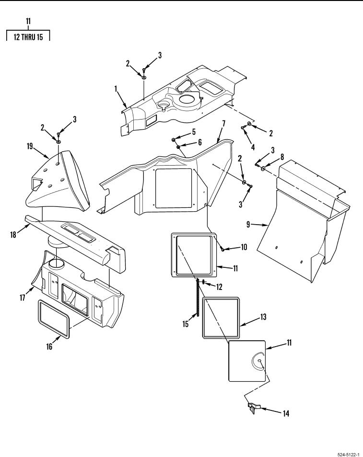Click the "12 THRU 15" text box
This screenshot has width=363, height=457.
pyautogui.click(x=28, y=37)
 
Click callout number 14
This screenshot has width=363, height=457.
pyautogui.click(x=286, y=413)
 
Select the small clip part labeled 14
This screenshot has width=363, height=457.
pyautogui.click(x=253, y=408)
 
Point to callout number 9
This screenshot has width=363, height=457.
pyautogui.click(x=248, y=225)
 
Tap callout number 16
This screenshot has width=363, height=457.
pyautogui.click(x=49, y=346)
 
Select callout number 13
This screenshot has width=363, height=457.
pyautogui.click(x=263, y=317)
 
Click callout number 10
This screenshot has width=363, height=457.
pyautogui.click(x=244, y=247)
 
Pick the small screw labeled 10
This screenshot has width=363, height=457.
pyautogui.click(x=222, y=249)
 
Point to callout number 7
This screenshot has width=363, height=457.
pyautogui.click(x=223, y=123)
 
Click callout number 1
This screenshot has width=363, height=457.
pyautogui.click(x=116, y=89)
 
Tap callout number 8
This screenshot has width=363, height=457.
pyautogui.click(x=282, y=157)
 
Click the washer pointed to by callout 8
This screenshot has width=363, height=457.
pyautogui.click(x=264, y=168)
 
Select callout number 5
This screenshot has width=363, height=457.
pyautogui.click(x=194, y=132)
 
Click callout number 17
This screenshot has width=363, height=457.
pyautogui.click(x=23, y=298)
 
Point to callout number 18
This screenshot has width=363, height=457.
pyautogui.click(x=13, y=234)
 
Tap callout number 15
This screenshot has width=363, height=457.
pyautogui.click(x=186, y=324)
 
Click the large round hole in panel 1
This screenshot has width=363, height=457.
pyautogui.click(x=188, y=99)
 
